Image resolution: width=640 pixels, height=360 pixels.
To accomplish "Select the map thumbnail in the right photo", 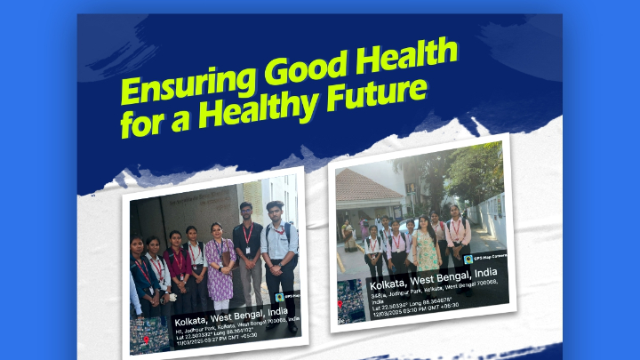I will tap(351, 301).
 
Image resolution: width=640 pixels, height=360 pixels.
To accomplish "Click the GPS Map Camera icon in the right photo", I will tap(468, 259).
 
